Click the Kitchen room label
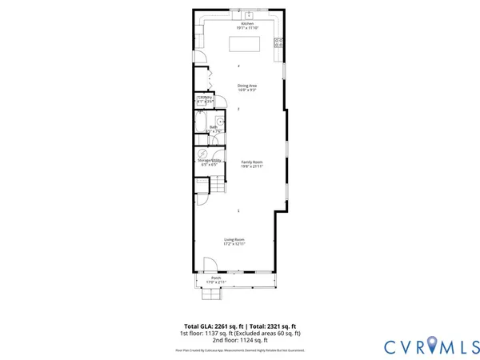click(246, 25)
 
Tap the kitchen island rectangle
click(246, 44)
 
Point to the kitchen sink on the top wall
click(247, 14)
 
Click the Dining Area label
click(246, 86)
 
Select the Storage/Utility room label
click(209, 160)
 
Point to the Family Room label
click(253, 162)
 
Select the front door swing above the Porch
click(210, 265)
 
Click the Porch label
click(216, 278)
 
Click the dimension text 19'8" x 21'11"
click(253, 166)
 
